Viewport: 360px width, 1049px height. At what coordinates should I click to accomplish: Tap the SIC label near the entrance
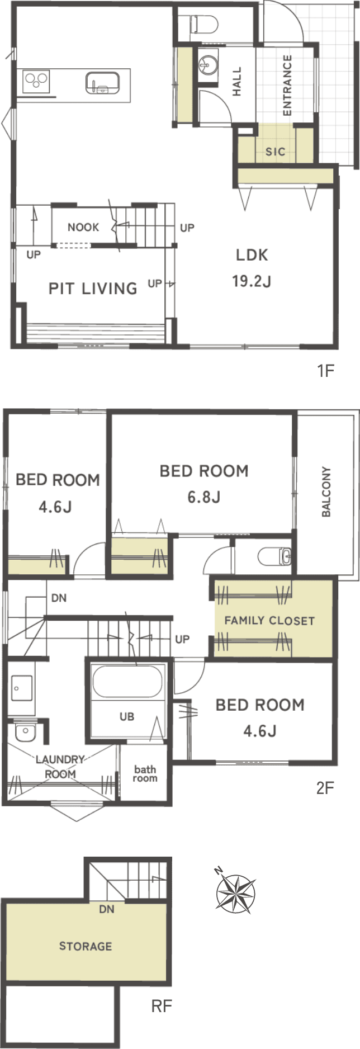coord(276,151)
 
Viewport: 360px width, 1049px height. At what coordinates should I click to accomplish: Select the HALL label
coord(237,82)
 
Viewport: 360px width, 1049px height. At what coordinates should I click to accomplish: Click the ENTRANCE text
coord(287,85)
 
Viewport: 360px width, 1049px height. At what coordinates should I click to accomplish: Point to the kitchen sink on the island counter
coord(102,83)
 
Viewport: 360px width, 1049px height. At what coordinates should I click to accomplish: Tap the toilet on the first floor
coord(203,24)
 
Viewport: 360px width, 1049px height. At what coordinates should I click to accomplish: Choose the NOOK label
coord(83,227)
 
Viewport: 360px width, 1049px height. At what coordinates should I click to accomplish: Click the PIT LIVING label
coord(93,289)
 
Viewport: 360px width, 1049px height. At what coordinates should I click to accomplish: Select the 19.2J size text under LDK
coord(252,281)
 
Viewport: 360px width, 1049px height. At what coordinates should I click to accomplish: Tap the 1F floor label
coord(325,370)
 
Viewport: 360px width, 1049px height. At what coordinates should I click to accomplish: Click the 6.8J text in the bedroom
coord(204,497)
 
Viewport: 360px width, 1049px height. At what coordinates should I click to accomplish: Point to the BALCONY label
coord(326,492)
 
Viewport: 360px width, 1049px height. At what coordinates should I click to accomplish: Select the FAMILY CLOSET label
coord(269,621)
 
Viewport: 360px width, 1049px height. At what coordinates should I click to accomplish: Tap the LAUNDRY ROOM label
coord(60,767)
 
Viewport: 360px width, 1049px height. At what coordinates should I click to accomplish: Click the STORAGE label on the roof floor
coord(86,946)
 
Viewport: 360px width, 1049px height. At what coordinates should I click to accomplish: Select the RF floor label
coord(162,1007)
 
